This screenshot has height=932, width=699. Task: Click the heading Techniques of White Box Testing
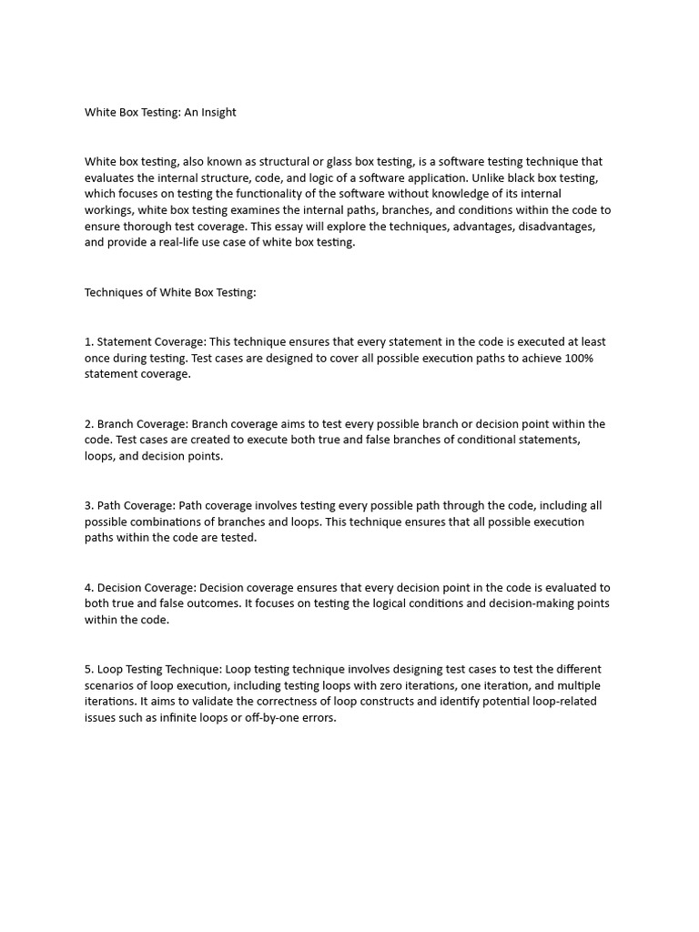[x=170, y=292]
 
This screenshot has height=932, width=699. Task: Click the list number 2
[x=88, y=424]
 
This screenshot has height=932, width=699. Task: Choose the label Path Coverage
[x=136, y=506]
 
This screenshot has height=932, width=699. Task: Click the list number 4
[x=88, y=588]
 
